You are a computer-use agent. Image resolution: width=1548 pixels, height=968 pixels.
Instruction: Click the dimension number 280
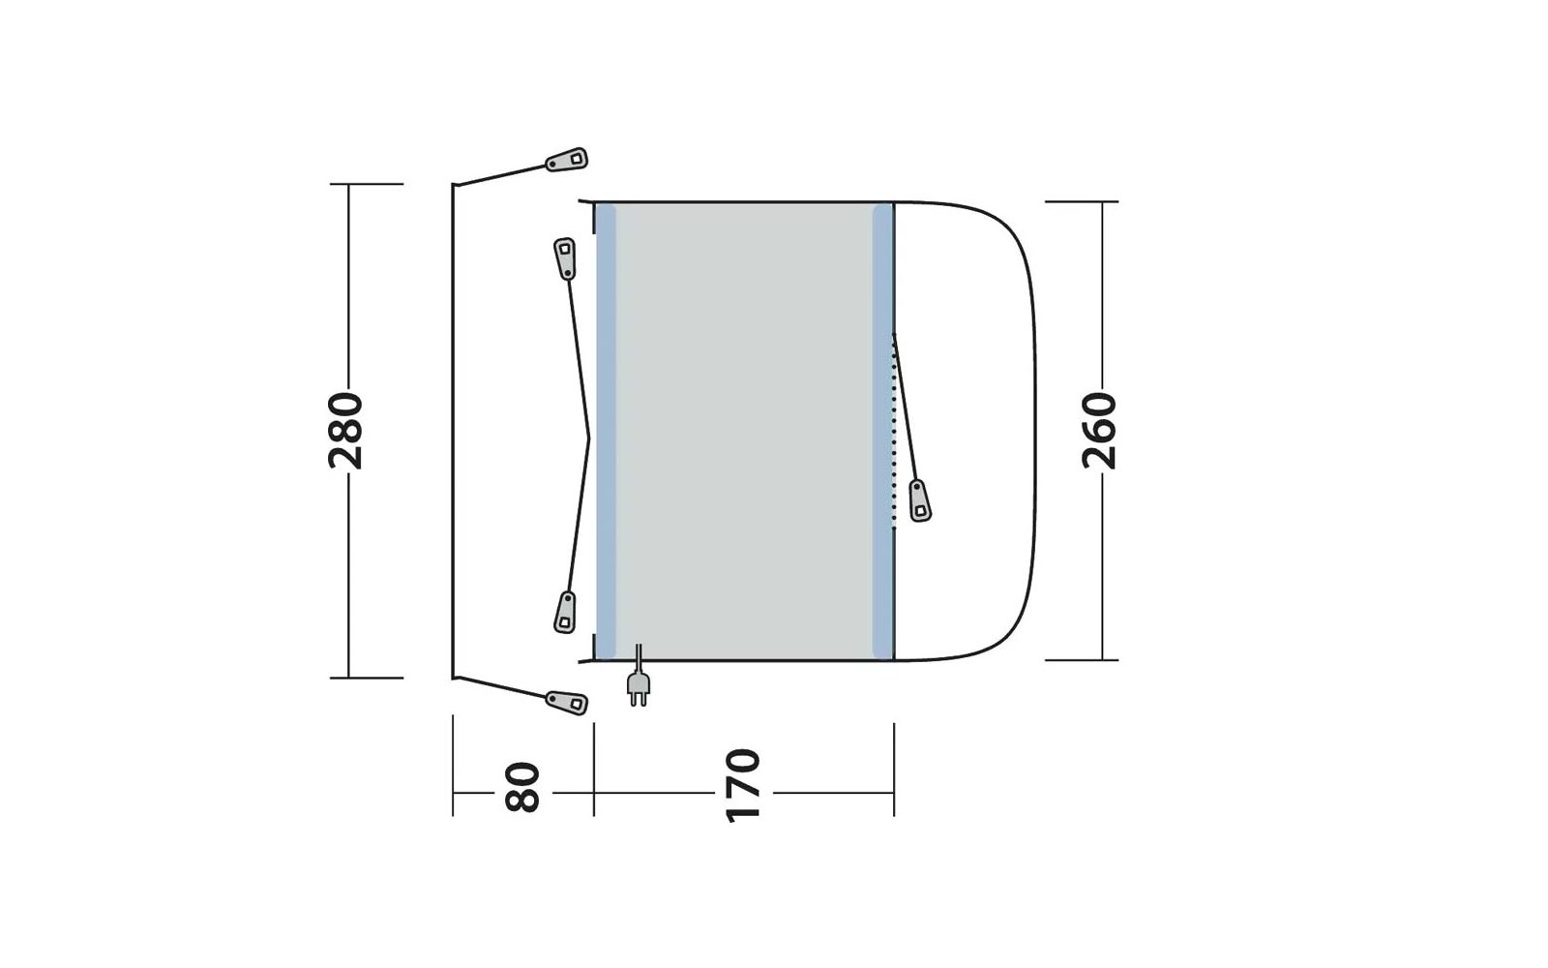tap(345, 431)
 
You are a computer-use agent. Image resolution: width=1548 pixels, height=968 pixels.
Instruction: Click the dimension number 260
tap(1099, 431)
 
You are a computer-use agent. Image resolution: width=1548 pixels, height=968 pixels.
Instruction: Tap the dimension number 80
tap(521, 787)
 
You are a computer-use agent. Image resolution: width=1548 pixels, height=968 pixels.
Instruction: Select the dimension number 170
tap(743, 785)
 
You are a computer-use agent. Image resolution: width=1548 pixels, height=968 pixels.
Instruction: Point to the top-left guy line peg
tap(567, 160)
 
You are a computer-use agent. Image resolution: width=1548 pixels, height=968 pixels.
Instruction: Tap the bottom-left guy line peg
tap(567, 703)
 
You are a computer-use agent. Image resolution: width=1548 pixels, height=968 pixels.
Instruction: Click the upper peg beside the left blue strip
tap(565, 258)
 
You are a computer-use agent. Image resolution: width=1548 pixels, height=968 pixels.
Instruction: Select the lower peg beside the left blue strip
tap(565, 612)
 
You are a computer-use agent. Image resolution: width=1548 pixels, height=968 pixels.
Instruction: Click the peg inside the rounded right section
tap(920, 499)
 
